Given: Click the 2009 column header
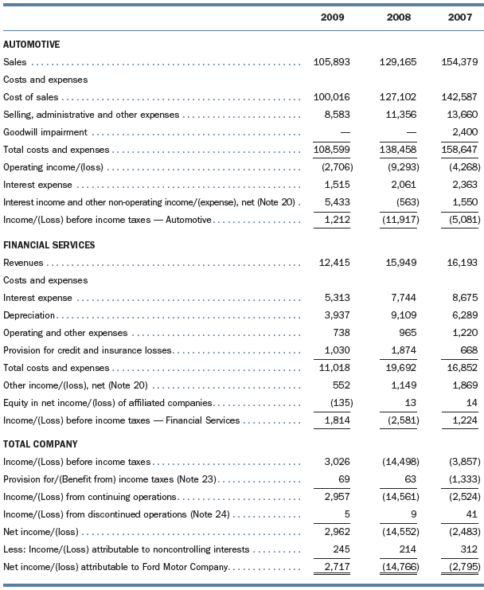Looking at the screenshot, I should point(332,17).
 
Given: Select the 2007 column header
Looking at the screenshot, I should point(466,17).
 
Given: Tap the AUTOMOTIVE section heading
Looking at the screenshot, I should point(32,45).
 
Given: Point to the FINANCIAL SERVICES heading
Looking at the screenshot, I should point(49,245).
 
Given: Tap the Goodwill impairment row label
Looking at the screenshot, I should point(46,132).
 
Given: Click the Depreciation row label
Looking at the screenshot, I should point(29,315).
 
